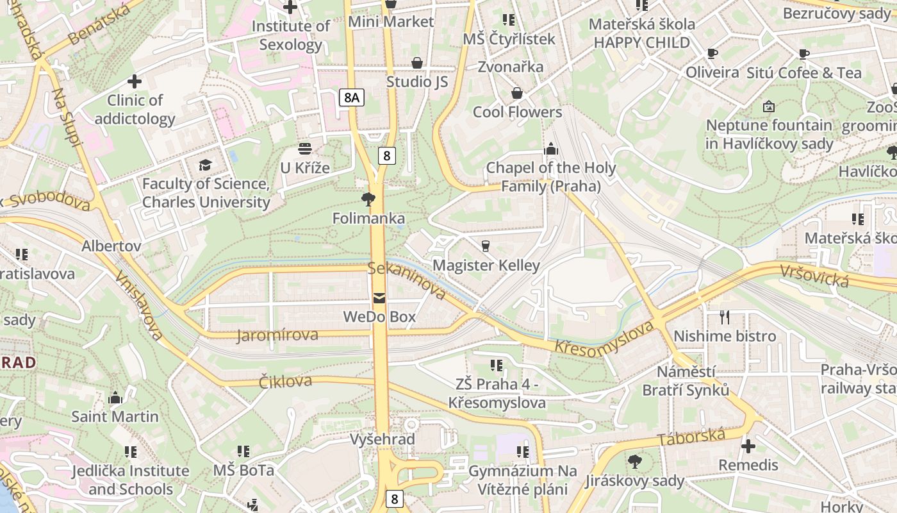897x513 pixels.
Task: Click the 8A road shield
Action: [x=351, y=97]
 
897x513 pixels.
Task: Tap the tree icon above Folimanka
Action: [x=368, y=199]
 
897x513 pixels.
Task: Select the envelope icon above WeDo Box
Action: [x=380, y=298]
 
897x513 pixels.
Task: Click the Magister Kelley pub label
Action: [x=486, y=265]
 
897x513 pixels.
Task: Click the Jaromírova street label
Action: [x=277, y=335]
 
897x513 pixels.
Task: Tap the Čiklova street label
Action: [x=286, y=382]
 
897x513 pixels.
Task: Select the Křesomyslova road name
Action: [x=604, y=338]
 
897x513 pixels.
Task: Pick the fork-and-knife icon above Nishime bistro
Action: [x=725, y=317]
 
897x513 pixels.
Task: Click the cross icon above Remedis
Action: [x=748, y=446]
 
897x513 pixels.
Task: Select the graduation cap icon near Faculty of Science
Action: [x=205, y=165]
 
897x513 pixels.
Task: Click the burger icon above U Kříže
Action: [x=305, y=149]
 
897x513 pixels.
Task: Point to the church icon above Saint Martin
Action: [x=115, y=398]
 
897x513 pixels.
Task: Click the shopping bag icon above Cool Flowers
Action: [x=517, y=94]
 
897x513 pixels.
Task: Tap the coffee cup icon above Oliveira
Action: [x=712, y=53]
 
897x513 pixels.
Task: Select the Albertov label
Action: [x=111, y=246]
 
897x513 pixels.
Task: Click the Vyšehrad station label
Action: [x=383, y=439]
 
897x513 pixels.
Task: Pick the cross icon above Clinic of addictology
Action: [x=135, y=81]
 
